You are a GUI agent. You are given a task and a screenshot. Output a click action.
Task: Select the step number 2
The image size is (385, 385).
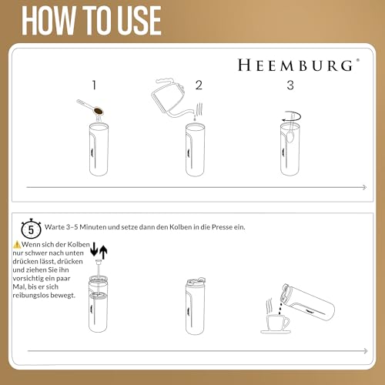click(198, 85)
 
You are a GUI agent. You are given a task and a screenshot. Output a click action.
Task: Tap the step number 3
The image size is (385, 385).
click(290, 85)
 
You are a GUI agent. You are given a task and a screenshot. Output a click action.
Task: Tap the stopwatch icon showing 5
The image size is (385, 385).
click(30, 228)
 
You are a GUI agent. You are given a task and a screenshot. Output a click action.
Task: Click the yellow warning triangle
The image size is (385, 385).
click(15, 244)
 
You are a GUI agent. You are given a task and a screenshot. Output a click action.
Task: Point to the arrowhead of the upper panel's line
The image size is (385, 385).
click(363, 188)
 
